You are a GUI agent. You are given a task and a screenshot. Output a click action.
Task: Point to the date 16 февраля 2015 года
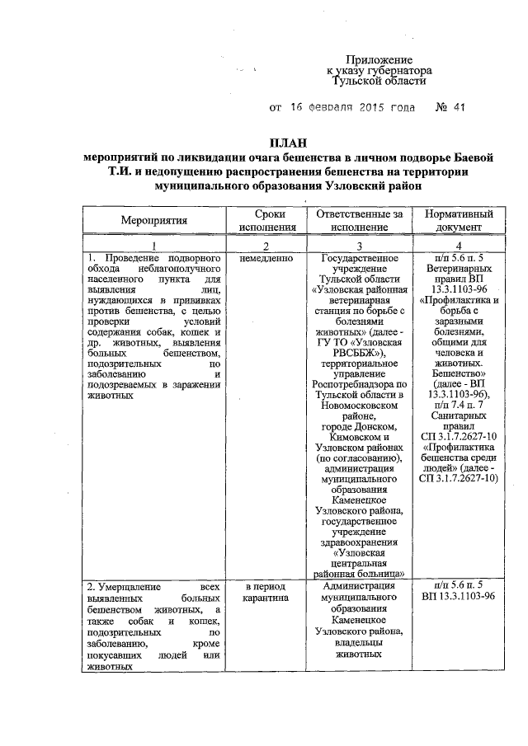[x=349, y=108]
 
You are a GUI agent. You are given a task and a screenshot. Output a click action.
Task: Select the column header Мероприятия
[x=154, y=220]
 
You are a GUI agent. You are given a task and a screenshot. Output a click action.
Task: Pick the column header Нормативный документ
[x=459, y=220]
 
